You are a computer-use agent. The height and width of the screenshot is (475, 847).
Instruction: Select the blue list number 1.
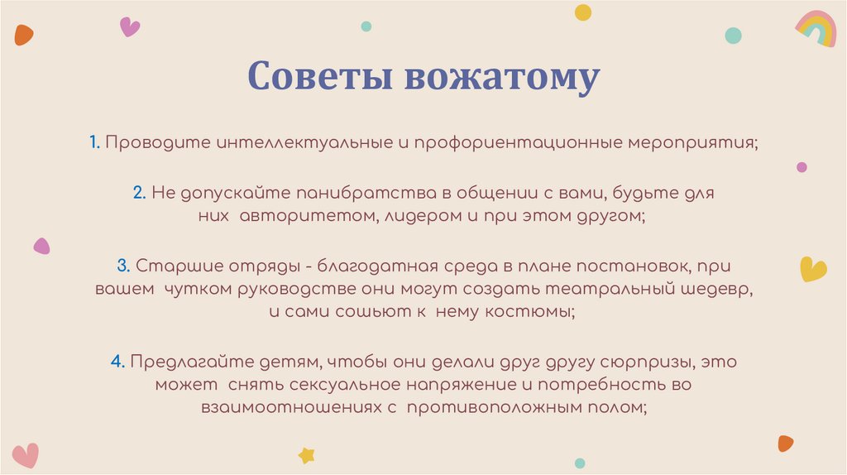tap(95, 142)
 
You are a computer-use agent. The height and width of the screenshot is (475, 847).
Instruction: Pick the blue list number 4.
tap(117, 362)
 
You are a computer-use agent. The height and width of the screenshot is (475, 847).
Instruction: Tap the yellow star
tap(307, 454)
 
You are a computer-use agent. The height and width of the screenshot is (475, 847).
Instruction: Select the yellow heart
tap(813, 269)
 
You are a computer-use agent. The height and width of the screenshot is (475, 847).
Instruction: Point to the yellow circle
tap(583, 12)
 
